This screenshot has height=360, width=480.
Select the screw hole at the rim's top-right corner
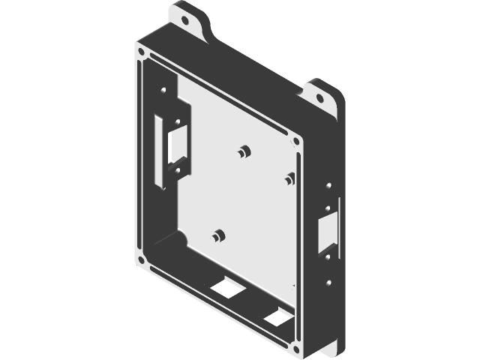tap(298, 140)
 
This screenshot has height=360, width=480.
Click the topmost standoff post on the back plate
tap(241, 151)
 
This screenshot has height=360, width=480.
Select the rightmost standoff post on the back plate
tap(289, 178)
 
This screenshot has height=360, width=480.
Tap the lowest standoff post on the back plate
tap(218, 236)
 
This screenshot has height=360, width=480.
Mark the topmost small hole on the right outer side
tap(328, 185)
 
